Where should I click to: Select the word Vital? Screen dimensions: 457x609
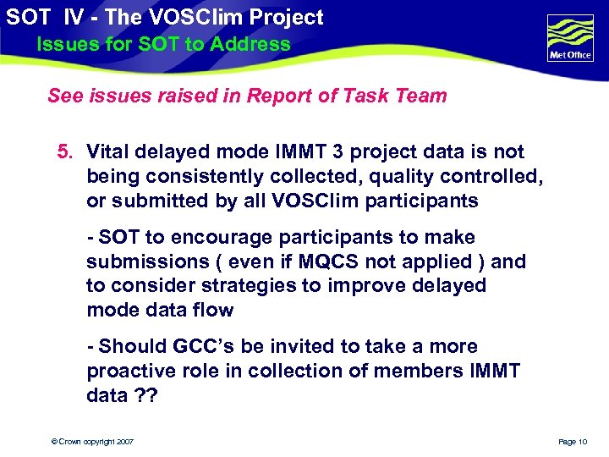pyautogui.click(x=108, y=152)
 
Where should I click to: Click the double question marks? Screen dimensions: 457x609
pyautogui.click(x=149, y=396)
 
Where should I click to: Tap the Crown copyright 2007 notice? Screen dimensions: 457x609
pyautogui.click(x=93, y=442)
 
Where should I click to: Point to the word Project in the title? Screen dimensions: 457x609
pyautogui.click(x=282, y=17)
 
